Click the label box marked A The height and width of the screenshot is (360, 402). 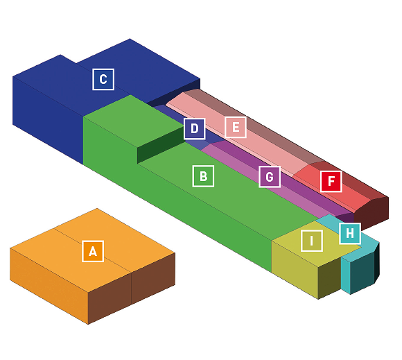click(93, 251)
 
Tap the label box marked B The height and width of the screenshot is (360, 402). click(203, 176)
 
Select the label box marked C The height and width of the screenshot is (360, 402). click(103, 79)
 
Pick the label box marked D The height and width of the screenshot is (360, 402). click(195, 128)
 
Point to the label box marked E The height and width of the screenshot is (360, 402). click(236, 127)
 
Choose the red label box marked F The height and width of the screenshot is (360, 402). click(331, 181)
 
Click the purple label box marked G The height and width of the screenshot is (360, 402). click(270, 177)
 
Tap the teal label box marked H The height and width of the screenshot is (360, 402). click(350, 233)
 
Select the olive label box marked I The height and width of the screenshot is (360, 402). click(311, 241)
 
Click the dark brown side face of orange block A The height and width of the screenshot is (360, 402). click(132, 289)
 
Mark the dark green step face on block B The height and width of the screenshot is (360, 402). click(161, 145)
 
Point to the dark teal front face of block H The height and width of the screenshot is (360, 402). click(362, 273)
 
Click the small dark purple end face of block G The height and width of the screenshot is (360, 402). click(345, 218)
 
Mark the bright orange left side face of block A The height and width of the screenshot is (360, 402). click(49, 285)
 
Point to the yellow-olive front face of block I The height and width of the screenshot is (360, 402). click(295, 270)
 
